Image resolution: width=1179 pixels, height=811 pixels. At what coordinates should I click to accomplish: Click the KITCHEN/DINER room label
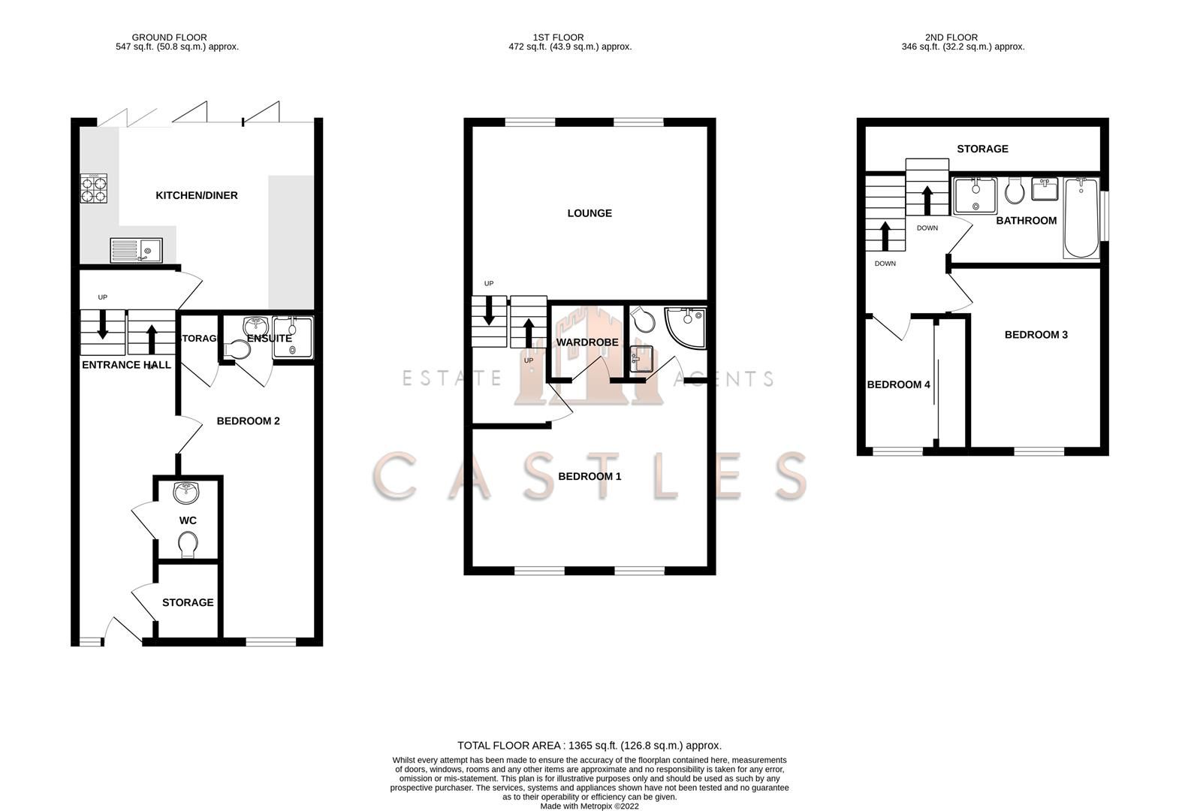[x=197, y=195]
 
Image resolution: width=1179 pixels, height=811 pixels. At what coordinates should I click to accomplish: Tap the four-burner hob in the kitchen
[x=94, y=188]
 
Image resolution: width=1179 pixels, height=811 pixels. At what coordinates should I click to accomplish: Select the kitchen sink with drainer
[x=136, y=249]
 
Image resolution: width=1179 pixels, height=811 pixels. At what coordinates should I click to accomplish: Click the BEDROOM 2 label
[x=248, y=421]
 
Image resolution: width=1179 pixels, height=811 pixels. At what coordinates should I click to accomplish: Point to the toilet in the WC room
[x=188, y=544]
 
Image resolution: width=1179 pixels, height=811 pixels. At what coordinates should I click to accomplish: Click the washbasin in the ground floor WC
[x=185, y=493]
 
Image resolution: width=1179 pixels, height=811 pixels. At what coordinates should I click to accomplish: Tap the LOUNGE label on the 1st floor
[x=589, y=213]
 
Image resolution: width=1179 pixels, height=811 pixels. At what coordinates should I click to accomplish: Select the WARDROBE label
[x=587, y=342]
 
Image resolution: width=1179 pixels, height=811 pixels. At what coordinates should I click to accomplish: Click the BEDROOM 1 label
[x=589, y=476]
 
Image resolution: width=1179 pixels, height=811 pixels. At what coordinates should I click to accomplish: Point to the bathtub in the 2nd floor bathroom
[x=1081, y=218]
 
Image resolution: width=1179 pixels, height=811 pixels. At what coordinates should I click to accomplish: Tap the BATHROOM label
[x=1026, y=221]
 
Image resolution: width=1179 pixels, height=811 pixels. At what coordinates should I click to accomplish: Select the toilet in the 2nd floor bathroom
[x=1014, y=191]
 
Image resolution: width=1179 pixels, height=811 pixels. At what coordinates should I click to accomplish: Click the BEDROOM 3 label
[x=1036, y=335]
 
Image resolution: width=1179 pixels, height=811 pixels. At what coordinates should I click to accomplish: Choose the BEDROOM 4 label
[x=898, y=384]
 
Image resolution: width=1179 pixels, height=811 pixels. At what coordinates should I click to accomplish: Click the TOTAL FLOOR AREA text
[x=589, y=746]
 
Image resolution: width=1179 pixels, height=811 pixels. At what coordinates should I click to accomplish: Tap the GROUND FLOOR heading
[x=169, y=37]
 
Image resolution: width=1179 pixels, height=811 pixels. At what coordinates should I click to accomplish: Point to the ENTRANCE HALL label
[x=126, y=365]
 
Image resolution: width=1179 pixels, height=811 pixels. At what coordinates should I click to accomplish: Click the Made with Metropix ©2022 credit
[x=589, y=806]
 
